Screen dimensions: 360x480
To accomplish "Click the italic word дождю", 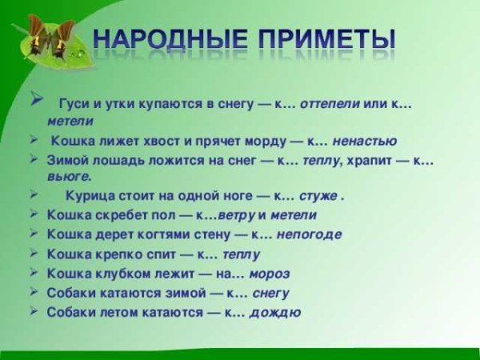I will click(x=275, y=312).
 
